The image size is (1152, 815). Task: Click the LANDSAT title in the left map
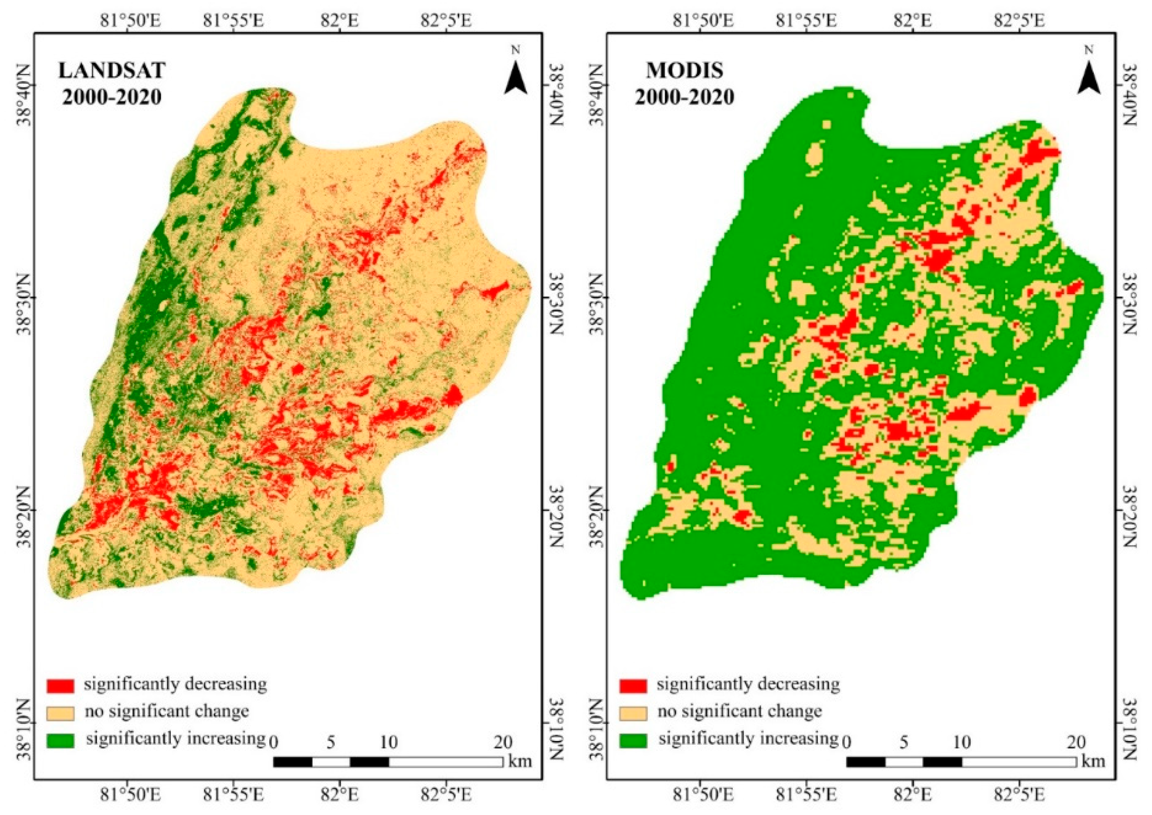pyautogui.click(x=111, y=71)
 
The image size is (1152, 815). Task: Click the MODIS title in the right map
pyautogui.click(x=685, y=71)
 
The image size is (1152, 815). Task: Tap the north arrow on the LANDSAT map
pyautogui.click(x=516, y=80)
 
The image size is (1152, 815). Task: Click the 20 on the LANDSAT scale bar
pyautogui.click(x=503, y=742)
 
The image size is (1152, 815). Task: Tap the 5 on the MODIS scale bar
pyautogui.click(x=904, y=742)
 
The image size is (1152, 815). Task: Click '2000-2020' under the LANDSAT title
pyautogui.click(x=111, y=96)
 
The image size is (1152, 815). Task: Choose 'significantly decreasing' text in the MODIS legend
pyautogui.click(x=748, y=684)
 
